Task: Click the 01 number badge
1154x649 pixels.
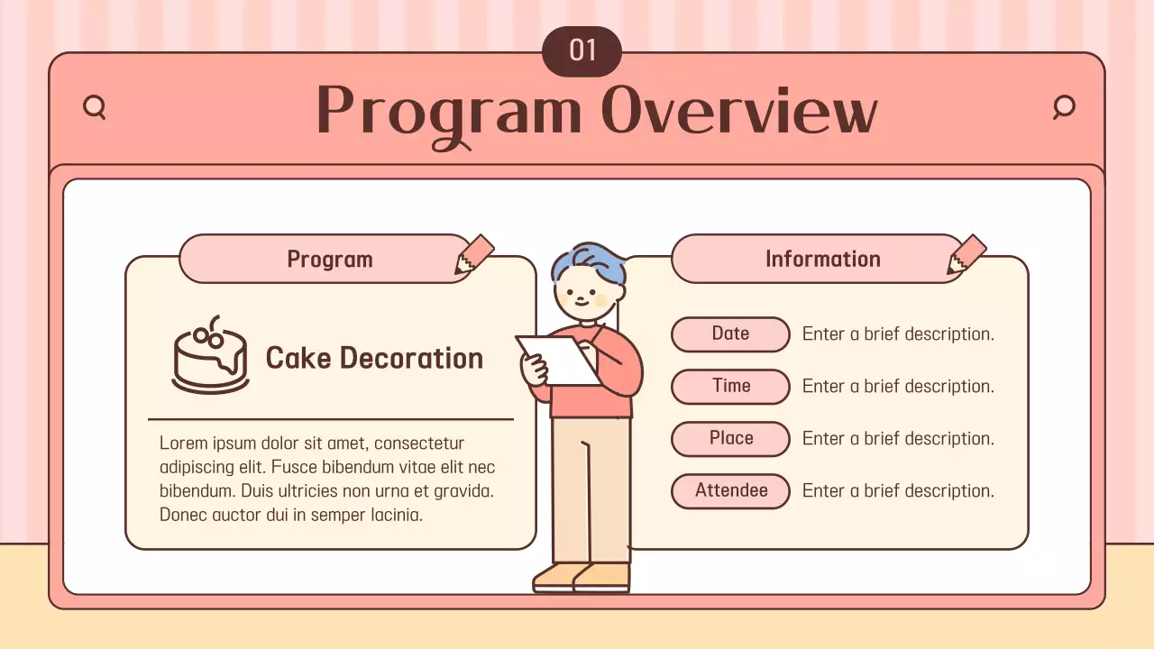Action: coord(582,51)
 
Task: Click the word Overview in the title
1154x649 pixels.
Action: coord(739,112)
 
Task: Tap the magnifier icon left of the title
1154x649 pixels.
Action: coord(94,108)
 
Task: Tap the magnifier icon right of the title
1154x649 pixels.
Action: coord(1064,107)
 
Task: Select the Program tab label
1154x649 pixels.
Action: coord(329,260)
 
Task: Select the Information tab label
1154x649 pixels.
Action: coord(822,259)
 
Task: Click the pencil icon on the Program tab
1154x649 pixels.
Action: coord(474,255)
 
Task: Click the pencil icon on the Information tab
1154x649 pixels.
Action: coord(966,255)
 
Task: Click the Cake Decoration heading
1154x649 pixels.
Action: coord(374,358)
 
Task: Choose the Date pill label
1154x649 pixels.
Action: coord(730,334)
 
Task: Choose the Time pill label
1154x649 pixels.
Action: coord(730,386)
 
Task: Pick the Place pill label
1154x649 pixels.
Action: coord(730,438)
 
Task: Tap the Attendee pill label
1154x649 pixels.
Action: coord(730,490)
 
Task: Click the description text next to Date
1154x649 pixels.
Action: coord(898,334)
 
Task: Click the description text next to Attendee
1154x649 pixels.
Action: coord(898,490)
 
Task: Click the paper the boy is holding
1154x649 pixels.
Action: coord(559,359)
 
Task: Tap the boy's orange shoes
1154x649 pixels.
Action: coord(582,576)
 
